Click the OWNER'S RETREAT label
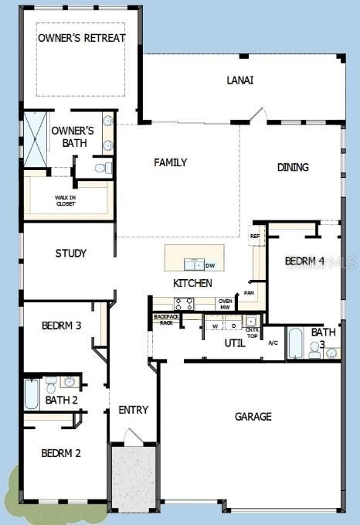(x=81, y=38)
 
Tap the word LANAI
(x=240, y=80)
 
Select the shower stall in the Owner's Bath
(x=36, y=139)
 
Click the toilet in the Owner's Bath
(x=102, y=167)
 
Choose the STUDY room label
(x=70, y=253)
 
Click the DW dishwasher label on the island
(x=210, y=265)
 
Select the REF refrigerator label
(x=255, y=236)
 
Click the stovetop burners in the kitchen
(x=184, y=303)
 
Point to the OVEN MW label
(x=226, y=304)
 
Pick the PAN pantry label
(x=249, y=293)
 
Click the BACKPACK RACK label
(x=165, y=319)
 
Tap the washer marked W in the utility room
(x=214, y=326)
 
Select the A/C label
(x=273, y=342)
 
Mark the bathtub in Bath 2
(x=32, y=394)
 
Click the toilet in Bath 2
(x=51, y=384)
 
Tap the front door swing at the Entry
(x=133, y=437)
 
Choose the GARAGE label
(x=253, y=416)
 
